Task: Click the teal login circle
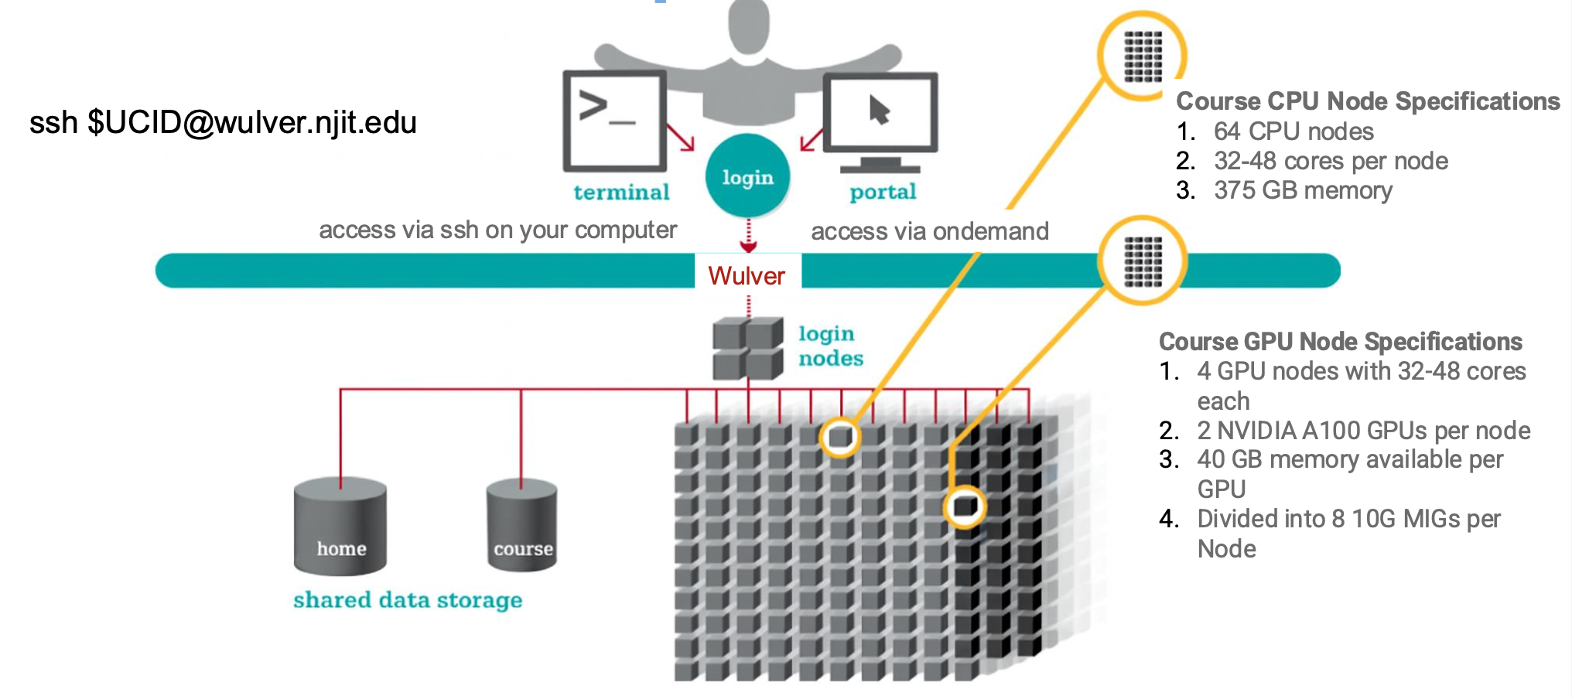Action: pyautogui.click(x=747, y=176)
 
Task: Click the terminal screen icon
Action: pyautogui.click(x=615, y=120)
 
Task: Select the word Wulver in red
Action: pyautogui.click(x=747, y=276)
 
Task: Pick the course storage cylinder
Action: pyautogui.click(x=522, y=526)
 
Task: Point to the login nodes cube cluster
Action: pyautogui.click(x=747, y=348)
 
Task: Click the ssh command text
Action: pyautogui.click(x=223, y=122)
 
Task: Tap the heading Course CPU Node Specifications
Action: pyautogui.click(x=1367, y=101)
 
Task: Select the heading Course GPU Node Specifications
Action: pyautogui.click(x=1340, y=342)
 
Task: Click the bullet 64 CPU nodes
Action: pyautogui.click(x=1293, y=131)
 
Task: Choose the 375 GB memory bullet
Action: pyautogui.click(x=1303, y=190)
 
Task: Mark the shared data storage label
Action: pyautogui.click(x=408, y=600)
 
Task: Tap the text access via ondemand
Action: pyautogui.click(x=929, y=231)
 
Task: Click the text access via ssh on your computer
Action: pyautogui.click(x=497, y=230)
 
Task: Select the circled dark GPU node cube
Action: pyautogui.click(x=965, y=506)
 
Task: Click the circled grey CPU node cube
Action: pyautogui.click(x=840, y=437)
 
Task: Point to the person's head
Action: pyautogui.click(x=749, y=23)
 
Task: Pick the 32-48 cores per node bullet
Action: pyautogui.click(x=1331, y=161)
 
